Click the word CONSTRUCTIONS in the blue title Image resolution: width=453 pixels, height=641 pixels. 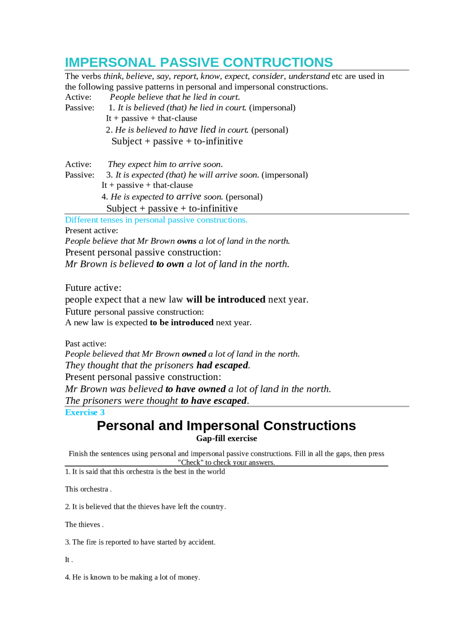[278, 63]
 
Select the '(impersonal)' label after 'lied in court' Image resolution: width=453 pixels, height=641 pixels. [272, 108]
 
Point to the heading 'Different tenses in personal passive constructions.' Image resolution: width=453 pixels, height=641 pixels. [156, 220]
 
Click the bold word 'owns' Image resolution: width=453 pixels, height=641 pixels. [187, 241]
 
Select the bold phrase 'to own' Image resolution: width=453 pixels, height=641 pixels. [170, 264]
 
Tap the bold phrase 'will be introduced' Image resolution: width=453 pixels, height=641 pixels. [226, 299]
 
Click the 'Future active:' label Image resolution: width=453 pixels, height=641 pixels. [93, 288]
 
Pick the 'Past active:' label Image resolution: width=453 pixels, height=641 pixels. [86, 344]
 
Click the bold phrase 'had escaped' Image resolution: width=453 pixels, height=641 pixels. [222, 365]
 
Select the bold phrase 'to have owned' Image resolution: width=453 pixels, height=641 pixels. [195, 389]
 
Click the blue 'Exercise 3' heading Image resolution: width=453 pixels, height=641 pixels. [85, 413]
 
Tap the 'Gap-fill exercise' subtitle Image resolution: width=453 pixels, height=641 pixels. [226, 439]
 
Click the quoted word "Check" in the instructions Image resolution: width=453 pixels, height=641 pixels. [190, 462]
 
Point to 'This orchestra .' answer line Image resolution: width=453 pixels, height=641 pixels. [88, 489]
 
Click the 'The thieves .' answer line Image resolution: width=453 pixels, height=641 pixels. [84, 525]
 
